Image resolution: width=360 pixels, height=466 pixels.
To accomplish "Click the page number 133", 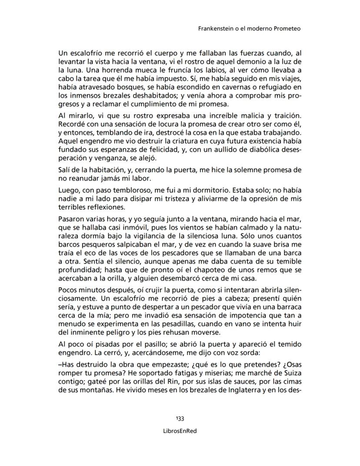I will tap(180, 419).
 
